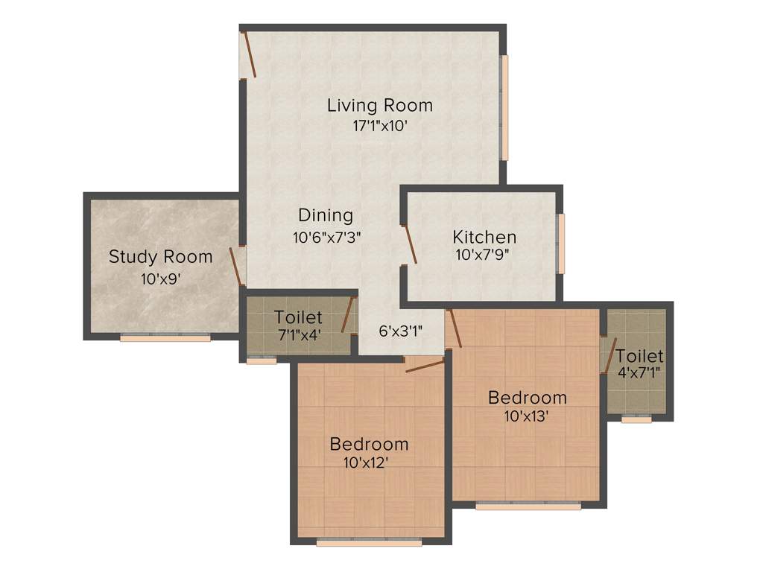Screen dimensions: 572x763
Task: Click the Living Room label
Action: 379,106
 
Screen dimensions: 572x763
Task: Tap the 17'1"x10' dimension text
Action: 379,126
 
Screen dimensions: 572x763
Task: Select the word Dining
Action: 326,215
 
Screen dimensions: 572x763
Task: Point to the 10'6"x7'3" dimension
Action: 327,238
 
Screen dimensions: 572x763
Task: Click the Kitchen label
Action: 484,238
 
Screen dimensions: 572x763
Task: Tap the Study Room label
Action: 161,257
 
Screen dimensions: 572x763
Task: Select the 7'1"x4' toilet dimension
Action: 299,334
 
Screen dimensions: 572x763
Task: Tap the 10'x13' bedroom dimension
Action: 527,416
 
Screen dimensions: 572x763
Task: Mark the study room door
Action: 237,267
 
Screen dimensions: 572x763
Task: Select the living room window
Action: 504,108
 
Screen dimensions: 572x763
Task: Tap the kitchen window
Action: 561,244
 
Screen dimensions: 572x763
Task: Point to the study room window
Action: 165,338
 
